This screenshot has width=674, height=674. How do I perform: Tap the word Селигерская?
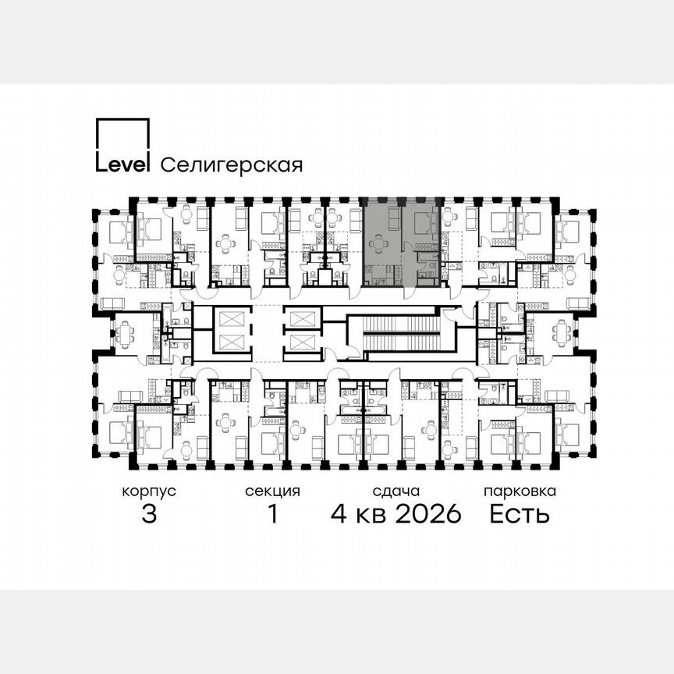pyautogui.click(x=231, y=165)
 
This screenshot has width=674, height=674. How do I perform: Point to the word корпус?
pyautogui.click(x=149, y=492)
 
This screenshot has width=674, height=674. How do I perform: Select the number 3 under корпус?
pyautogui.click(x=149, y=515)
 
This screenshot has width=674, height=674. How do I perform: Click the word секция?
pyautogui.click(x=272, y=492)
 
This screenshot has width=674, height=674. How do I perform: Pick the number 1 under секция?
pyautogui.click(x=272, y=515)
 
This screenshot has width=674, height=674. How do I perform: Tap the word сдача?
pyautogui.click(x=396, y=492)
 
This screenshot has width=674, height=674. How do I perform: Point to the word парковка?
pyautogui.click(x=520, y=492)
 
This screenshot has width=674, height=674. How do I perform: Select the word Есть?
pyautogui.click(x=520, y=515)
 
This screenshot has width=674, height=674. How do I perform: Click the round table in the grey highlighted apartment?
pyautogui.click(x=380, y=244)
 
